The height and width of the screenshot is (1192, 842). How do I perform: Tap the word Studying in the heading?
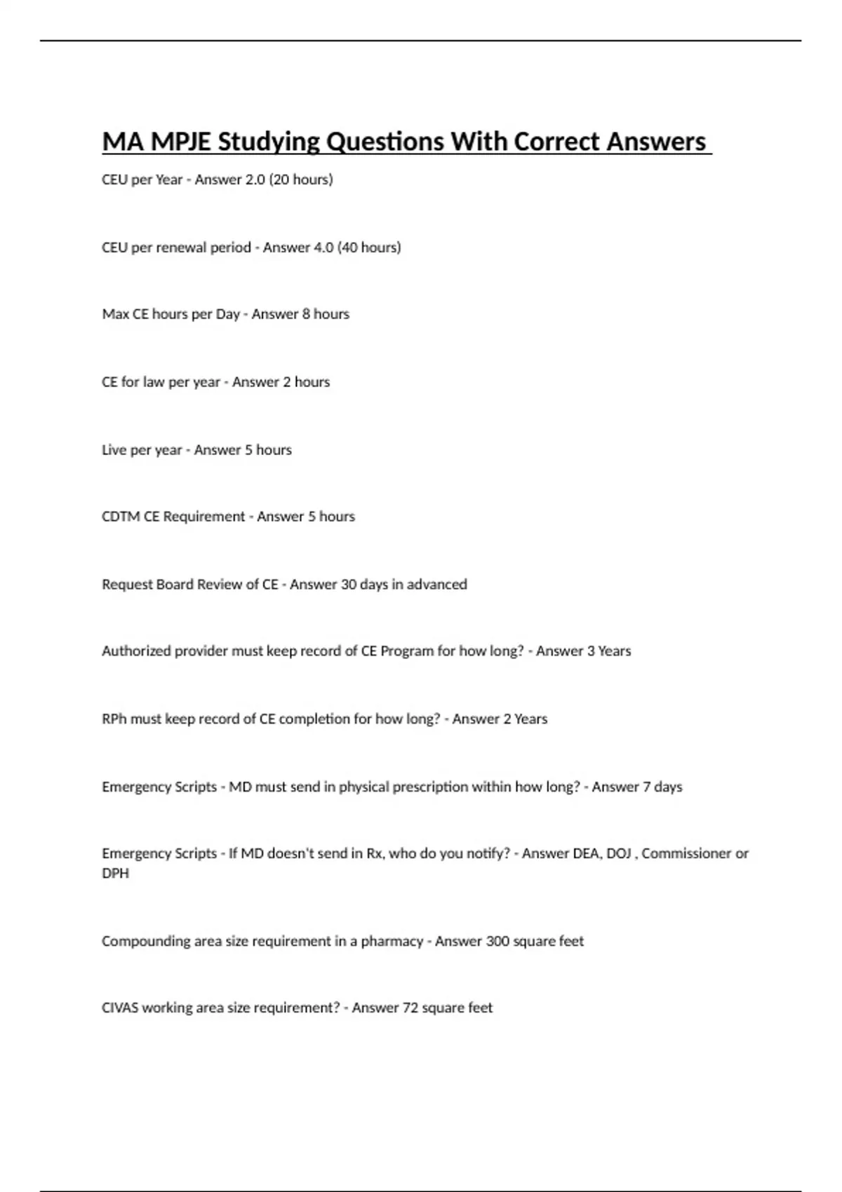pos(268,142)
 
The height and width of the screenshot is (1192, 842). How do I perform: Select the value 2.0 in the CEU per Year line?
pos(255,180)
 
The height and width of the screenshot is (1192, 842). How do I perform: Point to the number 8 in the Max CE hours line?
pos(306,314)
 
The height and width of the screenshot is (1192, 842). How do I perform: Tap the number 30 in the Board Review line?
pos(349,585)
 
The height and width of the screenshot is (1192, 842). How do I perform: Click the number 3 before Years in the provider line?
pos(590,651)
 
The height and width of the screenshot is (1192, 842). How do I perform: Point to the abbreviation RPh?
pos(114,719)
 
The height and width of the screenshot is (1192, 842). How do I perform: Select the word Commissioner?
pos(686,854)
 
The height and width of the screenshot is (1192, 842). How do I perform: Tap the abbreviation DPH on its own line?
pos(115,874)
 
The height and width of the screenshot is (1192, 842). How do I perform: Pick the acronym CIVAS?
pos(120,1008)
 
